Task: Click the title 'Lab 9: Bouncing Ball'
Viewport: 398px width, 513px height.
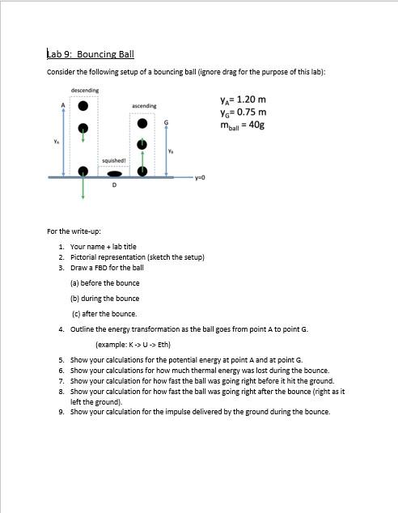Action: [x=91, y=54]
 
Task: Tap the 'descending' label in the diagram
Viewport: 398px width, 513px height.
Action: [x=85, y=90]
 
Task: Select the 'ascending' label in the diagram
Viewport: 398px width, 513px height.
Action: [x=143, y=106]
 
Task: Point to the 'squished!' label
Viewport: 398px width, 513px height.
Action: [x=113, y=160]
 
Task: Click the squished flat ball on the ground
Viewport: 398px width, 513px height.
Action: [x=116, y=172]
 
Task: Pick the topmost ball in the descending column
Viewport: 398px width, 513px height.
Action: [x=83, y=106]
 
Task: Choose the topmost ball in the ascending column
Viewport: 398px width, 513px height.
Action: [x=143, y=123]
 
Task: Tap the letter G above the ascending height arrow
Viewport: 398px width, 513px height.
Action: [x=167, y=122]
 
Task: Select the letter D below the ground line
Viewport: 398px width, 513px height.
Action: [x=113, y=185]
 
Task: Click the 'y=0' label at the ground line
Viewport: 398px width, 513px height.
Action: [x=201, y=177]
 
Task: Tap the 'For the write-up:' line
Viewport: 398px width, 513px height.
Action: [x=74, y=231]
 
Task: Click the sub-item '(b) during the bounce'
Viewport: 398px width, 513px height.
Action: [x=105, y=298]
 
